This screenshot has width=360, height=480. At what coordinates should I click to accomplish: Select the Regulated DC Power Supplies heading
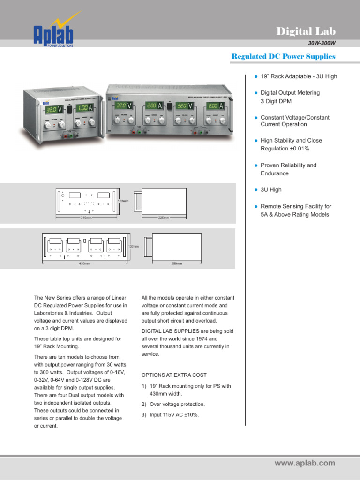[284, 56]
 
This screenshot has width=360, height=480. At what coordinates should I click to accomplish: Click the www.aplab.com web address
[305, 463]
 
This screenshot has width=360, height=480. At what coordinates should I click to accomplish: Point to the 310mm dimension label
[86, 218]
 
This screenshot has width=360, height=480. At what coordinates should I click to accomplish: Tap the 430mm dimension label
[84, 263]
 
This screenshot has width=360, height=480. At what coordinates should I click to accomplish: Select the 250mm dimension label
[177, 263]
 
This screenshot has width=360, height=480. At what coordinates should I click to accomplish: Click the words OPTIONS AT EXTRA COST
[174, 375]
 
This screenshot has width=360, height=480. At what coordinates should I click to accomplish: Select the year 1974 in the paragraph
[213, 338]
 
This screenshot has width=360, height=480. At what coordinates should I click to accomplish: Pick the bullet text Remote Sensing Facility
[295, 206]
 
